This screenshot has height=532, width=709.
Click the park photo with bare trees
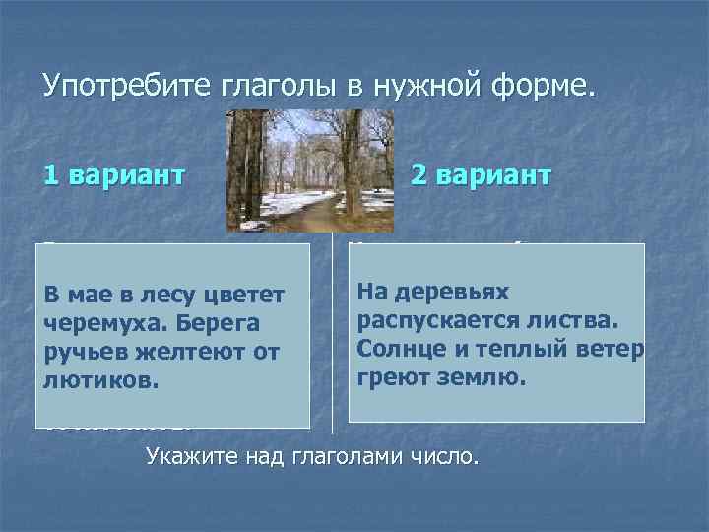(310, 170)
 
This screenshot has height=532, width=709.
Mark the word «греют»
(391, 377)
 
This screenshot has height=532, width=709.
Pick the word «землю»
(475, 377)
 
